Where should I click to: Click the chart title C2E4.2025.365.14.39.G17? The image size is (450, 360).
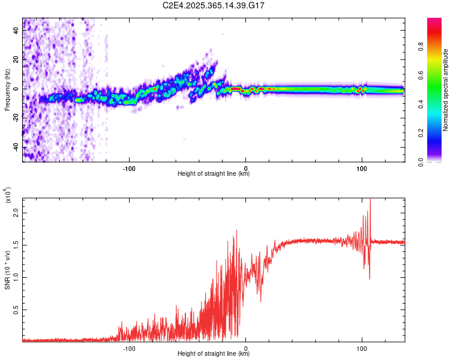coord(214,5)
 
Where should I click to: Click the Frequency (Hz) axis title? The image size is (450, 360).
coord(7,90)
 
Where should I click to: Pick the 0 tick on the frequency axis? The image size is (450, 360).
coord(17,89)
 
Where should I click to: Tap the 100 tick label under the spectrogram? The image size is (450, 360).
coord(362,169)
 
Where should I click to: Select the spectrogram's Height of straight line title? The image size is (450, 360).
coord(214,175)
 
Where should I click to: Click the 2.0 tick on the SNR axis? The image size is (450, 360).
coord(17,214)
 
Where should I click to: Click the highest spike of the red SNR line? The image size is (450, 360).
coord(370,199)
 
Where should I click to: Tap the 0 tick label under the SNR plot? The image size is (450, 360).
coord(245,347)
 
